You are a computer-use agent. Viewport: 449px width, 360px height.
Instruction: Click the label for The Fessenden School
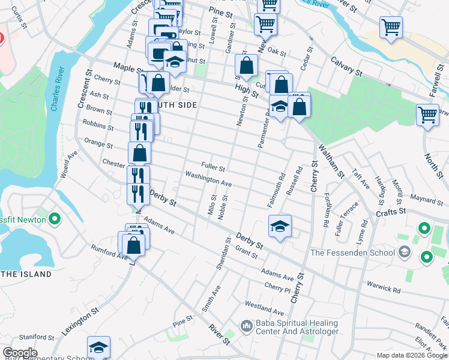[x=352, y=253]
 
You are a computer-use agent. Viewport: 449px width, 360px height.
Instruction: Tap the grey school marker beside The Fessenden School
[x=404, y=251]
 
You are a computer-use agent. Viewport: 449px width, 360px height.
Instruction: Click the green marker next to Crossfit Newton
[x=55, y=219]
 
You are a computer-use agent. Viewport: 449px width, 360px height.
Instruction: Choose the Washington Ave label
[x=208, y=178]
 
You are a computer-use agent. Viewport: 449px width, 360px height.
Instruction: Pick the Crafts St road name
[x=392, y=212]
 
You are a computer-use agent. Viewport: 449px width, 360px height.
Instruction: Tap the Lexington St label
[x=79, y=323]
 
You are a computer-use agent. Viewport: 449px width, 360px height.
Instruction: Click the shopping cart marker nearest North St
[x=427, y=114]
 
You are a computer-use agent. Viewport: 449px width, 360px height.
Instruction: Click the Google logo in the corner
[x=19, y=353]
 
